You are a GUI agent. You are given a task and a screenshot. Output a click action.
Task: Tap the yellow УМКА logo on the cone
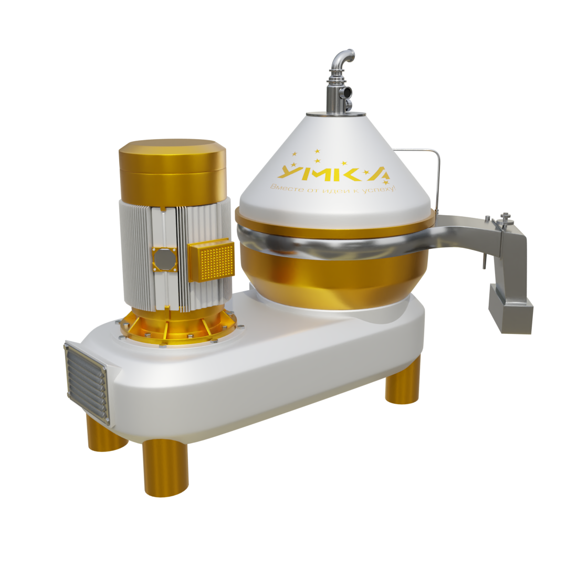pos(333,173)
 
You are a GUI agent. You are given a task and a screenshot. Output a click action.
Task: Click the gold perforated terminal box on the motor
pos(212,261)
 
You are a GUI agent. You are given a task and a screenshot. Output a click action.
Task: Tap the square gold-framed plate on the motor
pos(164,259)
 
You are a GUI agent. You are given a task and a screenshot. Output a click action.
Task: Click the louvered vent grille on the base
pos(86,383)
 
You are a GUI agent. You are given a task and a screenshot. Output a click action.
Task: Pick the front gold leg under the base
pos(165,467)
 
